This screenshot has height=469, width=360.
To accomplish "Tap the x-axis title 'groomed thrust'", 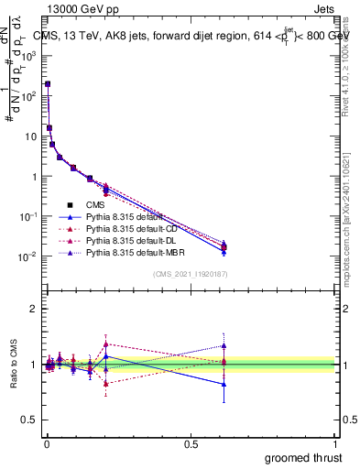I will click(x=303, y=458).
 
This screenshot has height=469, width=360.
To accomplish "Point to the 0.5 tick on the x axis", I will click(x=191, y=442).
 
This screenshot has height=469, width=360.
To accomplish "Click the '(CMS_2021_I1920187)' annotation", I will click(x=190, y=273).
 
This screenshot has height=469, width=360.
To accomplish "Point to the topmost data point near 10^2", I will click(x=48, y=83).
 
